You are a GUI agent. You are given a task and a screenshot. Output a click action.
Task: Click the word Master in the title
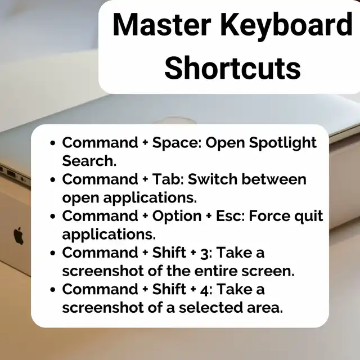click(x=162, y=25)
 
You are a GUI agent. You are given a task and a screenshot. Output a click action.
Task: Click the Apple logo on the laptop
click(x=19, y=236)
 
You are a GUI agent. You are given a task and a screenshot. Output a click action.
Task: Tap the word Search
click(x=89, y=161)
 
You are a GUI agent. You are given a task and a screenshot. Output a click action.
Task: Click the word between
click(x=274, y=179)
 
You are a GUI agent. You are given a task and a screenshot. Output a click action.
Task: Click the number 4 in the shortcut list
click(x=204, y=290)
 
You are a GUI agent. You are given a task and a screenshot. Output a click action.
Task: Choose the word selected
click(x=210, y=308)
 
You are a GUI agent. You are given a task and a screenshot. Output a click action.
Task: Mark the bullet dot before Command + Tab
click(x=53, y=179)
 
